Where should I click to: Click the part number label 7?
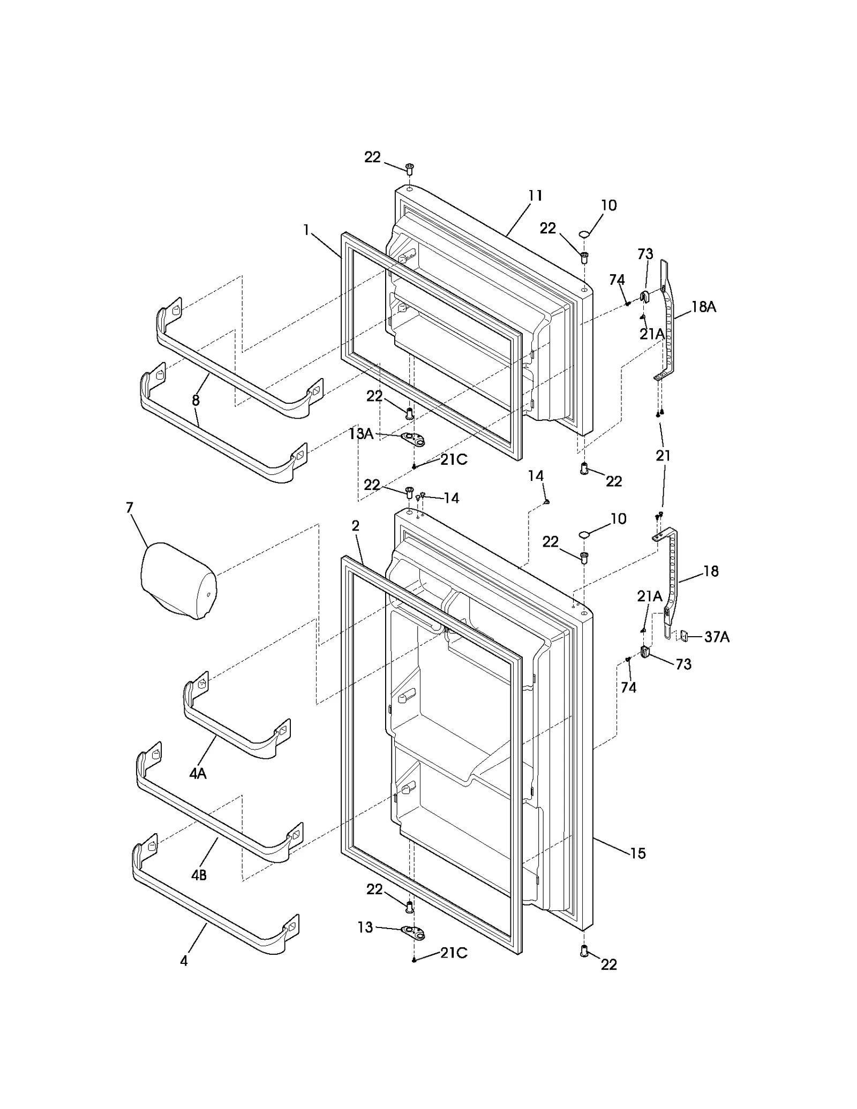click(130, 508)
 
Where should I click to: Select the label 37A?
click(717, 637)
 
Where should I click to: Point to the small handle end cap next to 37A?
click(684, 636)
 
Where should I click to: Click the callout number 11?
click(535, 196)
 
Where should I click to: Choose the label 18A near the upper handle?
click(703, 307)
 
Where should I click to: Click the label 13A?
click(361, 434)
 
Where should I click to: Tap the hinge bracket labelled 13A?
click(414, 440)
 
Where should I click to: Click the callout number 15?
click(637, 853)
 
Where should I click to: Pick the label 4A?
click(198, 773)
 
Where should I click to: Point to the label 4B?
click(199, 875)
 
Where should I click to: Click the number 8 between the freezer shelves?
click(196, 400)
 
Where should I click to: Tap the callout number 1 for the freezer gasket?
click(306, 230)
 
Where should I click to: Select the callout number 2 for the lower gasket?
click(356, 526)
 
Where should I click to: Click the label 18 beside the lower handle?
click(711, 571)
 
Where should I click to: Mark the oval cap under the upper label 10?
click(584, 233)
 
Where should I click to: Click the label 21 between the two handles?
click(663, 456)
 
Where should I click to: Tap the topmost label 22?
click(372, 157)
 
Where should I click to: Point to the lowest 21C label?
click(454, 953)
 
